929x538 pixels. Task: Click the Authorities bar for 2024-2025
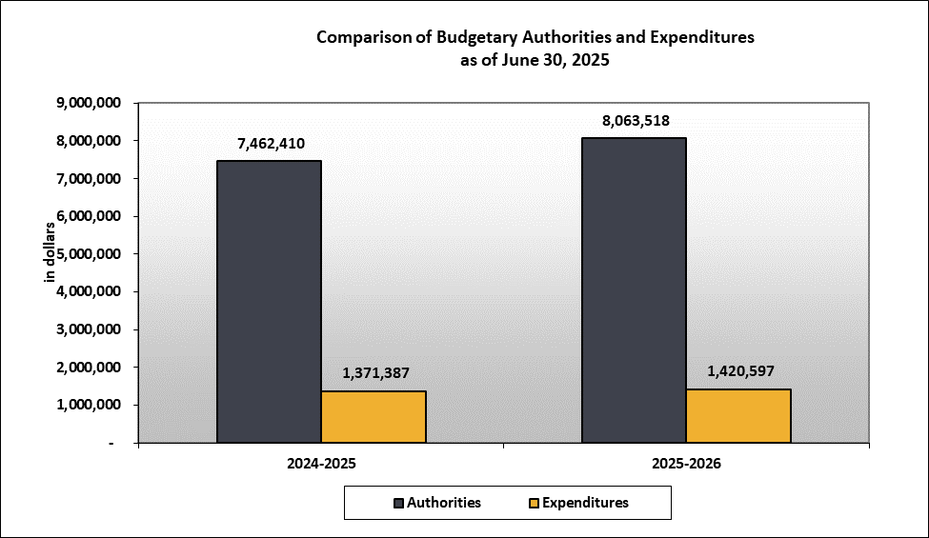click(269, 302)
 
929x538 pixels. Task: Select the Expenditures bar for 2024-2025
click(374, 417)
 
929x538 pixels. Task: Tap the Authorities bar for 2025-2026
click(634, 290)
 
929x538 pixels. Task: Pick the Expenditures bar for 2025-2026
click(738, 416)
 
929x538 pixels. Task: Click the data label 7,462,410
click(269, 145)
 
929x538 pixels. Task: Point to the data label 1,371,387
click(374, 373)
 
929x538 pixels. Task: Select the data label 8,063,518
click(635, 121)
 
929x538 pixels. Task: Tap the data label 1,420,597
click(738, 371)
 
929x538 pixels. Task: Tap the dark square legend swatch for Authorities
click(397, 503)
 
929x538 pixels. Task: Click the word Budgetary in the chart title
click(478, 38)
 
